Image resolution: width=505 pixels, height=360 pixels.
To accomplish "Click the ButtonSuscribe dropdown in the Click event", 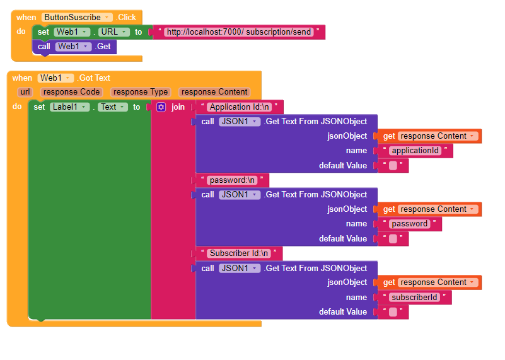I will point(77,18).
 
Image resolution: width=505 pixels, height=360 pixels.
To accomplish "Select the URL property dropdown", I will point(114,32).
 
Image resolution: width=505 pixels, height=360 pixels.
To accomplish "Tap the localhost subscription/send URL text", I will point(239,32).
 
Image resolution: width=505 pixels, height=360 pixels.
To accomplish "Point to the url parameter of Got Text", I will point(25,92).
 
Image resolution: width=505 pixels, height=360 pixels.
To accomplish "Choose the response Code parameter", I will point(71,92).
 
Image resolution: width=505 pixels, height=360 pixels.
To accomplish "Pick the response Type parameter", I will point(140,92).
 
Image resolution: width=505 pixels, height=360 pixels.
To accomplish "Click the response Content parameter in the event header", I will point(214,92).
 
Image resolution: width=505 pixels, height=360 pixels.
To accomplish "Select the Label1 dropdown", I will point(70,107).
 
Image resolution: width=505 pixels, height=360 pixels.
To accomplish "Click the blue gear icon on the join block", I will point(161,107).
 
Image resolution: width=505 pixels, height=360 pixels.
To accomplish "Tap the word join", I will point(178,107).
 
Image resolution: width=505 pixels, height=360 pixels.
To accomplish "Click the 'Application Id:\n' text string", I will point(239,107).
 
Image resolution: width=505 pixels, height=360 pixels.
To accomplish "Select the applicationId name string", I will point(417,151).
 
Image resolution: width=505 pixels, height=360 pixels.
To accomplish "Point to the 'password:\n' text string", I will point(232,180).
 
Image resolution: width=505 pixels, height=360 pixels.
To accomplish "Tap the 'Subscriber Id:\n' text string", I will point(239,253).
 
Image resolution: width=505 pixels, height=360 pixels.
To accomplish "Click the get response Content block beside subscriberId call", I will point(428,282).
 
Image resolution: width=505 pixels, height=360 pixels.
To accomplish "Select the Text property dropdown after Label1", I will point(113,107).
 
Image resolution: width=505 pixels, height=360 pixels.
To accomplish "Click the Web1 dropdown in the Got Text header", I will point(56,78).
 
